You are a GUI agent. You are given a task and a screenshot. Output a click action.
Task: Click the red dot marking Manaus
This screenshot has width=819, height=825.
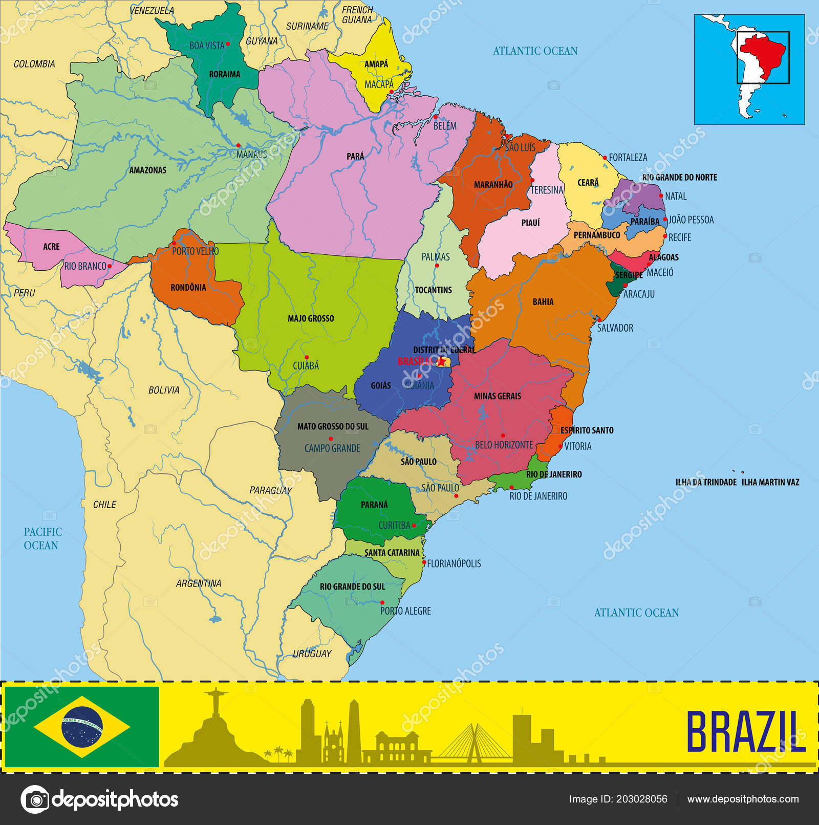(238, 145)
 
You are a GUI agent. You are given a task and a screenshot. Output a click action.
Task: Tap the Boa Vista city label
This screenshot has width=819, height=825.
(207, 46)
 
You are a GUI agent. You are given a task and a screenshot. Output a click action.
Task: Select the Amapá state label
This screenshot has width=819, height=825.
(376, 64)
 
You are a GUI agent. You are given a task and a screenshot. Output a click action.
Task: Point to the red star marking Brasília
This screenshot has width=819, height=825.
(441, 361)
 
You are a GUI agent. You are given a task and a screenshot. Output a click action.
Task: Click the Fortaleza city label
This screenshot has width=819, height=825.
(628, 158)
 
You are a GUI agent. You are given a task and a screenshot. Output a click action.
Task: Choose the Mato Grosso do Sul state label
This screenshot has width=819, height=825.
(333, 426)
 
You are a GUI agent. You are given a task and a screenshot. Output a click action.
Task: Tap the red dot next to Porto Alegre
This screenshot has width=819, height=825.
(382, 602)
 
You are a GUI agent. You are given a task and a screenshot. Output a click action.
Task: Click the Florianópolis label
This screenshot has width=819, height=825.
(454, 563)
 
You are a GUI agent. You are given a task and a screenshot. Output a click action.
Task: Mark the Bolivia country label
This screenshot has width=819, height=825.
(164, 390)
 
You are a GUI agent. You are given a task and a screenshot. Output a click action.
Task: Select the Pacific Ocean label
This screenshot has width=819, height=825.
(42, 538)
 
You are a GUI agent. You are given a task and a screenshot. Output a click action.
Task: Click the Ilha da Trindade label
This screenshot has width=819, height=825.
(706, 482)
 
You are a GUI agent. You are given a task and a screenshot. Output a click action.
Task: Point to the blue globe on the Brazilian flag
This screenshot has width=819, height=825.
(82, 727)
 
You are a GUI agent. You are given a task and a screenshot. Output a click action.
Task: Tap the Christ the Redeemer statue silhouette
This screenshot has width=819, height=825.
(211, 704)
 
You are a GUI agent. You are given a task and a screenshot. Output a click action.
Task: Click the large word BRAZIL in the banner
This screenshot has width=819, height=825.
(746, 731)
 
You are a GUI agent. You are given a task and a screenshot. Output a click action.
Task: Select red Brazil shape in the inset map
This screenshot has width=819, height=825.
(763, 51)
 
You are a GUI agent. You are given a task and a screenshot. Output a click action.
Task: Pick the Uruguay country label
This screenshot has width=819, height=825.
(312, 654)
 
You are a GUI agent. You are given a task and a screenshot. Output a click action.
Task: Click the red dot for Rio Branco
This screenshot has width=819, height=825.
(109, 266)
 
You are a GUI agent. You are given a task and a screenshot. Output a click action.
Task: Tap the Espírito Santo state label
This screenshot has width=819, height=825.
(587, 430)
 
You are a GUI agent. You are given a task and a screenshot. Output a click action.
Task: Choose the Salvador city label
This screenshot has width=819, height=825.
(615, 328)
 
